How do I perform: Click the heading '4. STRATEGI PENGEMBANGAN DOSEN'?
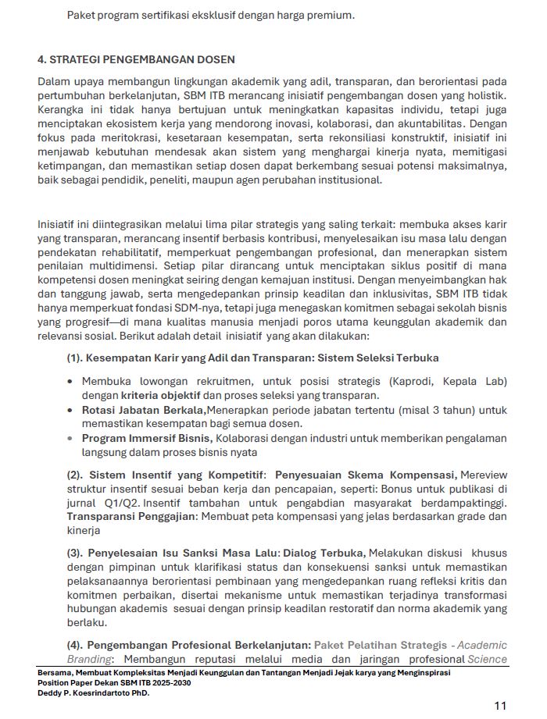(x=136, y=59)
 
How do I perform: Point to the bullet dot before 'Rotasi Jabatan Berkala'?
(x=71, y=410)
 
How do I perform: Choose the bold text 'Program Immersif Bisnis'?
(x=146, y=438)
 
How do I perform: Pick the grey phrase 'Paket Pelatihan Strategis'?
(x=380, y=645)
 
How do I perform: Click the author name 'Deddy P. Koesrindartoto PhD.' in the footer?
(x=93, y=692)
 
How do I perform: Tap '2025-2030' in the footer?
(x=169, y=682)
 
